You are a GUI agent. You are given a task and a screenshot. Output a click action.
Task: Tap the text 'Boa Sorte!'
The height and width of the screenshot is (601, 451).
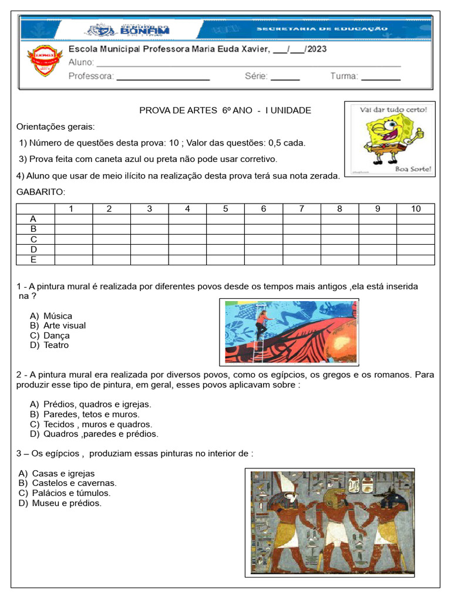click(x=414, y=169)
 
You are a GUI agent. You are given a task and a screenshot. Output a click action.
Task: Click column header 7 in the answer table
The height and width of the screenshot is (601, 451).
click(x=301, y=209)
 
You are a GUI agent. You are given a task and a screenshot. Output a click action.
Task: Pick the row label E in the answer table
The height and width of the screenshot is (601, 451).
click(x=34, y=260)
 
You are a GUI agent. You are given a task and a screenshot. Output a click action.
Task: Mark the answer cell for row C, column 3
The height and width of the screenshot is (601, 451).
click(x=149, y=239)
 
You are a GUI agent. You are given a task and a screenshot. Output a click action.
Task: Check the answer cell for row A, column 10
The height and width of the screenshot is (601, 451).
click(x=416, y=219)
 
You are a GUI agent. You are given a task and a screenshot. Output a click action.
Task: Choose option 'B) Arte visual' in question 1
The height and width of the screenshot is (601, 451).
click(x=58, y=326)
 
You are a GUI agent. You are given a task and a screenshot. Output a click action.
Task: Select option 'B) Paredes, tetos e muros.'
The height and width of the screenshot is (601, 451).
click(x=84, y=414)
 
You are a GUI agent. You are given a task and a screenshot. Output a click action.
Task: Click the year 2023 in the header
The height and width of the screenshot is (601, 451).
click(x=317, y=49)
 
